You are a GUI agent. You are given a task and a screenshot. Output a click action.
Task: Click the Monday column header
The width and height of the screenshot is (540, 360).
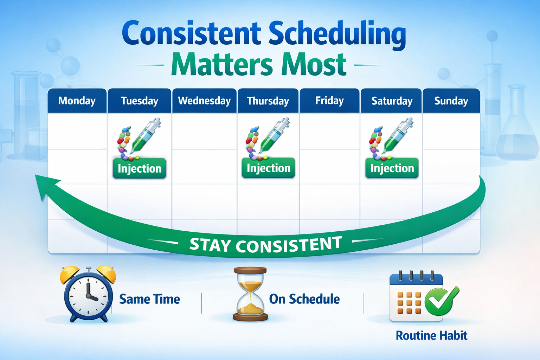pos(77,101)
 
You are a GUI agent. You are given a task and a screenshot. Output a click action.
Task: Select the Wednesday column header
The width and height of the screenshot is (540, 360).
pos(204,101)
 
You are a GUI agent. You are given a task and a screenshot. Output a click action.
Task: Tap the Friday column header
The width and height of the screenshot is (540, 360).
pos(329,101)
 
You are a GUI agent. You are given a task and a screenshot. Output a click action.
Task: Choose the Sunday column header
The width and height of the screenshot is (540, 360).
pos(451,101)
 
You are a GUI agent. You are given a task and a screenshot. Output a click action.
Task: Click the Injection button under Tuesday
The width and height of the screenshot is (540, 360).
pos(140,168)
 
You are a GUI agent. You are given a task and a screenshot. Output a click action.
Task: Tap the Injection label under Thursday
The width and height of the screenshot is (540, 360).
pos(269,168)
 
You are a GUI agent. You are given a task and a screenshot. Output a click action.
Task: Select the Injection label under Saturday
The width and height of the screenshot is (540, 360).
pos(392,168)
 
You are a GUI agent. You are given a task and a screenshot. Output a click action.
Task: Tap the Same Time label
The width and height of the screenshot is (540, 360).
pos(149,299)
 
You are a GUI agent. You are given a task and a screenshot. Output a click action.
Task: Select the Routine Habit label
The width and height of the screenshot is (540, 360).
pos(431,335)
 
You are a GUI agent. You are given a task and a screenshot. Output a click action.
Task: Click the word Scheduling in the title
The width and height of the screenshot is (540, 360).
pos(337,34)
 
